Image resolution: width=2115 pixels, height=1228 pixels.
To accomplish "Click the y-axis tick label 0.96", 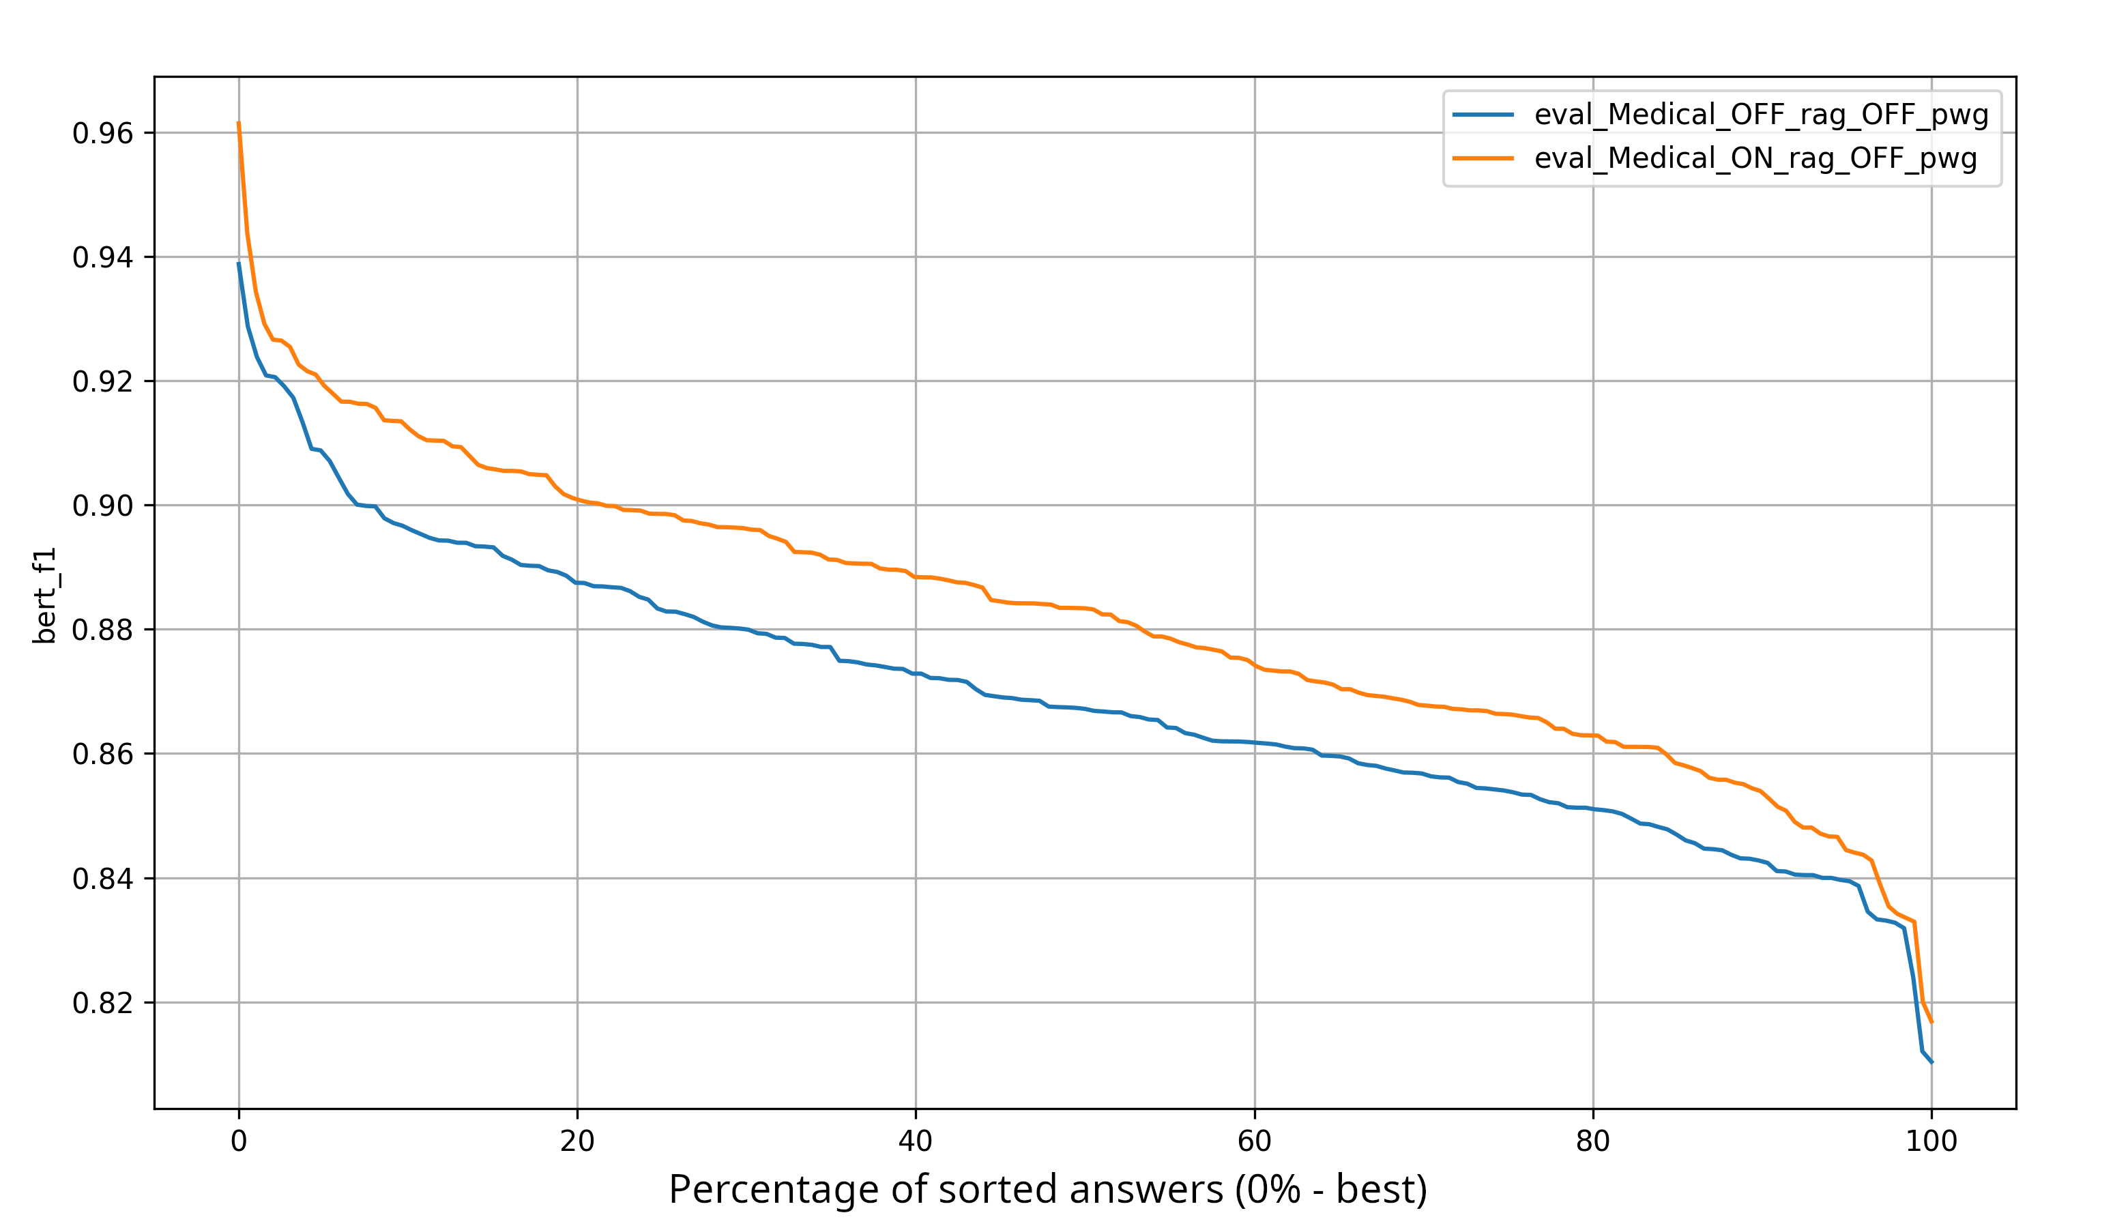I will (102, 134).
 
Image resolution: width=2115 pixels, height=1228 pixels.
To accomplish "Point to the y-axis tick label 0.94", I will (102, 258).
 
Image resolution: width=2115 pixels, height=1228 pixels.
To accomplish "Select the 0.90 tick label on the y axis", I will (102, 506).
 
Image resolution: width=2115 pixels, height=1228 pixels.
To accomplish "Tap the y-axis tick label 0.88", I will (102, 630).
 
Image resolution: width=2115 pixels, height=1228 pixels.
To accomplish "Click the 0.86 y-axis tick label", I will (102, 755).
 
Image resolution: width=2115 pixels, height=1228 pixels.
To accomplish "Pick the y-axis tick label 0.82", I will (102, 1003).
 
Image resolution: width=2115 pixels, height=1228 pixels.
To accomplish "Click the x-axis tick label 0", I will (239, 1141).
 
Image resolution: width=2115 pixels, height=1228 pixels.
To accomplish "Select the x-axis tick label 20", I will (577, 1141).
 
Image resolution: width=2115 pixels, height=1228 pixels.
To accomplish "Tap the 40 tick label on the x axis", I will (916, 1141).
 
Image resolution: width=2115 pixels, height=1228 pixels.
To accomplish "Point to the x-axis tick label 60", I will (1255, 1141).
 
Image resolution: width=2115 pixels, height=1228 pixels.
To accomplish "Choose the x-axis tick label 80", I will (1593, 1141).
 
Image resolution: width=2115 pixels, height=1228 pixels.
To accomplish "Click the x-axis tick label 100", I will (1931, 1141).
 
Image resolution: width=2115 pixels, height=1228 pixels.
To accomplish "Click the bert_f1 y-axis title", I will (44, 596).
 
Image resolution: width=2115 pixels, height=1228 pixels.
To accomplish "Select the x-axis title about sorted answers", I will (1047, 1190).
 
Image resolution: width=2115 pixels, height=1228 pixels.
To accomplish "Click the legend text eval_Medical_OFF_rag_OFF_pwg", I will (1761, 115).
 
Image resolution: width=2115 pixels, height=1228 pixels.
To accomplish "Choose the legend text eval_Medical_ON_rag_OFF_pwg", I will (1755, 159).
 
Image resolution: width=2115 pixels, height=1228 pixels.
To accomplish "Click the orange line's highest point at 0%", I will (239, 123).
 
